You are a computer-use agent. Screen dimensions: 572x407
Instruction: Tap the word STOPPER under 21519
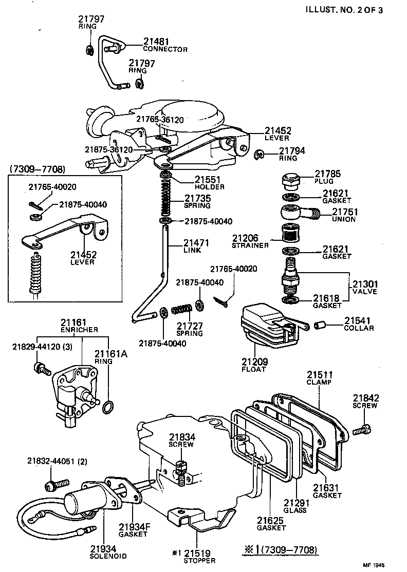[200, 561]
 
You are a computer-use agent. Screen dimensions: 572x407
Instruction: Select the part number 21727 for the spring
[190, 326]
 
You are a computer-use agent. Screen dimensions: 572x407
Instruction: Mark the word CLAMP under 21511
[319, 382]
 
